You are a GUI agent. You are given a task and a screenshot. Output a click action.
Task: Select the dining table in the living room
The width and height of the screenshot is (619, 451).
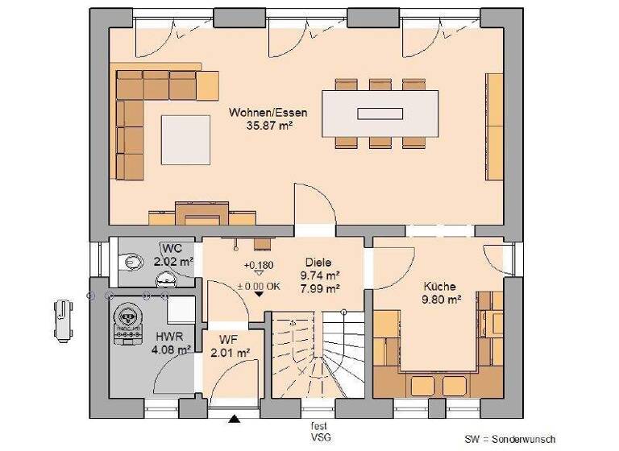point(380,113)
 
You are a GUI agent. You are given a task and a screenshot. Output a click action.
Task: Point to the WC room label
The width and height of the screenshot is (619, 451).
point(172,247)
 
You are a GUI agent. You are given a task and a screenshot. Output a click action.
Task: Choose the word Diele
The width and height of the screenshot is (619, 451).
point(318,262)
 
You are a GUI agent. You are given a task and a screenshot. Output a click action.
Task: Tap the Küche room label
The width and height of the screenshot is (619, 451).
point(439,286)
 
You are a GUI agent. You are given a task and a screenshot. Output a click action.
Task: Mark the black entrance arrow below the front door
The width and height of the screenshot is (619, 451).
point(235,419)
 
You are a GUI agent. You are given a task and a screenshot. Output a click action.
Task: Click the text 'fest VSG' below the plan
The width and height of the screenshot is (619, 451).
point(319,432)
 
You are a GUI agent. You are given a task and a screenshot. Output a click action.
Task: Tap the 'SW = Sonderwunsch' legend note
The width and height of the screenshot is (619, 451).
point(509,439)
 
